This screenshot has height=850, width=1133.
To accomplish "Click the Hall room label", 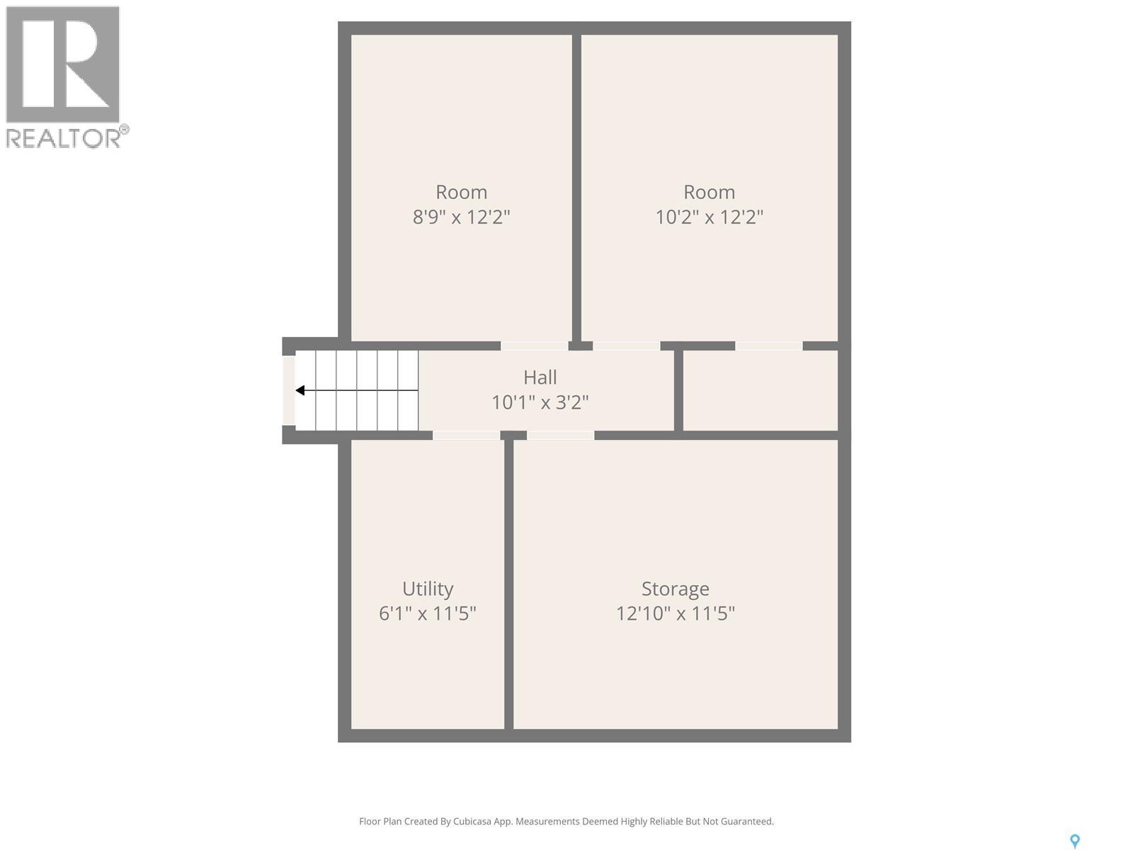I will (x=540, y=377).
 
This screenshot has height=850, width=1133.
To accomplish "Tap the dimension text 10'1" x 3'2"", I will (x=540, y=402).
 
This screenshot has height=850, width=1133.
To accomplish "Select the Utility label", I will (x=427, y=589).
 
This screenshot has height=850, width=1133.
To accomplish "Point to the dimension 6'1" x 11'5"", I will (x=427, y=613).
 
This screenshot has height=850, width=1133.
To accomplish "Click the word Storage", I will (x=675, y=589).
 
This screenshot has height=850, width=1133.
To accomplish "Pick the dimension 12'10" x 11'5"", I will (x=675, y=613).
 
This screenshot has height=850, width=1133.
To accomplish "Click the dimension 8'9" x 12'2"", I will (x=461, y=217).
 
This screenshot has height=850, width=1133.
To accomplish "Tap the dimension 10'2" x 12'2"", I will (x=709, y=217).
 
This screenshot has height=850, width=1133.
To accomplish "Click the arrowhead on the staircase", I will (x=300, y=390).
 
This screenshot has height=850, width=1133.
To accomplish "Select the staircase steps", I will (x=357, y=390).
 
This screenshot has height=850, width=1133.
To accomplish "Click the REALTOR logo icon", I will (x=63, y=64).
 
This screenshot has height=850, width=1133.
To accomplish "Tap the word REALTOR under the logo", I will (x=64, y=138).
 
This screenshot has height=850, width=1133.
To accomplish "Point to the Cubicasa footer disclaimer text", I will (x=566, y=822).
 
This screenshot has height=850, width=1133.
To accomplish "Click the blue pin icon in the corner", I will (x=1074, y=841).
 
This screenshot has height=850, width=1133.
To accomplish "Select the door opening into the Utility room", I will (x=466, y=435).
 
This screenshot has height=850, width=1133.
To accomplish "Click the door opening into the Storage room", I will (x=560, y=435).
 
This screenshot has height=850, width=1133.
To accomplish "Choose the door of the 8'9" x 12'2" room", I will (x=534, y=346).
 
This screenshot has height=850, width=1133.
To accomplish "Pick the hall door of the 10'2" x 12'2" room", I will (x=626, y=346).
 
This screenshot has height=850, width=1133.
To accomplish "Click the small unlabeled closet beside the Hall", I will (x=761, y=390).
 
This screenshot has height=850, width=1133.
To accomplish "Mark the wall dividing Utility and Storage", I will (x=508, y=584).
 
